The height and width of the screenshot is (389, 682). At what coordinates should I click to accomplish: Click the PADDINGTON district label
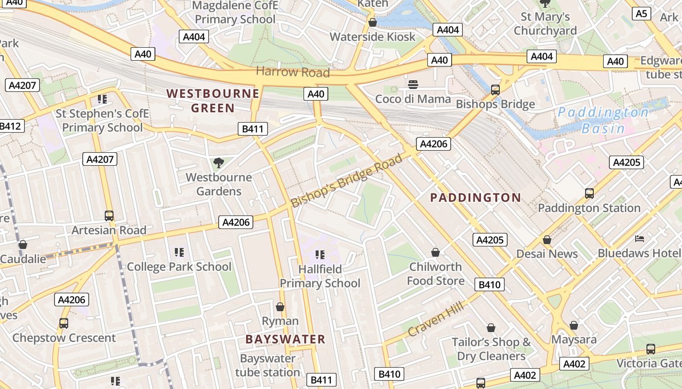point(476,197)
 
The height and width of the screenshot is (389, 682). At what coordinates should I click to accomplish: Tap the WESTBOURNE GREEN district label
point(213,101)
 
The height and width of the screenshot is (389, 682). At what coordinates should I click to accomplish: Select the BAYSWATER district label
point(285,339)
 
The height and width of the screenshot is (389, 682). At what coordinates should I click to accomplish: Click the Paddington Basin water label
point(603,120)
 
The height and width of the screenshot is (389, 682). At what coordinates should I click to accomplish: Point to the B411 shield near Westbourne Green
point(253,129)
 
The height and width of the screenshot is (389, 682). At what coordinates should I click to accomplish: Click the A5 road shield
point(642,13)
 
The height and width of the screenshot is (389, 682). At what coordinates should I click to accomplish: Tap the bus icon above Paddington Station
point(589,194)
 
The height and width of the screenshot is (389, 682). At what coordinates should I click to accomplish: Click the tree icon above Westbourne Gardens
point(219,163)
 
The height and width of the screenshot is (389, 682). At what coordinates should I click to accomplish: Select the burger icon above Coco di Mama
point(413,85)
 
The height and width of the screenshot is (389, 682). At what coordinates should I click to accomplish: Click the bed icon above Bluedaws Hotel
point(640,239)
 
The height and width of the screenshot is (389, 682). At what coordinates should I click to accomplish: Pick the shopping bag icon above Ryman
point(280,307)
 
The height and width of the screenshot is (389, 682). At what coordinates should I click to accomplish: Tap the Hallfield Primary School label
point(320,276)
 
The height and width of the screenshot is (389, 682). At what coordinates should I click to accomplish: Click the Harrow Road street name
point(293,72)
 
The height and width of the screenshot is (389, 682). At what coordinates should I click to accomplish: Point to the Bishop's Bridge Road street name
point(347,180)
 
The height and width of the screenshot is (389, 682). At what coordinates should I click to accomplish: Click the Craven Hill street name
point(435,318)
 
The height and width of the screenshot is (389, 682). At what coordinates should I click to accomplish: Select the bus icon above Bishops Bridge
point(495,89)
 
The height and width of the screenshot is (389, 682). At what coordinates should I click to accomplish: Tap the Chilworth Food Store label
point(436,274)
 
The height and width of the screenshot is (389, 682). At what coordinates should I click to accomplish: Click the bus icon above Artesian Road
point(109,216)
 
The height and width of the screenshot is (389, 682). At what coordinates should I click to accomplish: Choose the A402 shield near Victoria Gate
point(575,363)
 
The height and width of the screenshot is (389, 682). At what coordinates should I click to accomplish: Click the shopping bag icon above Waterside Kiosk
point(373,22)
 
